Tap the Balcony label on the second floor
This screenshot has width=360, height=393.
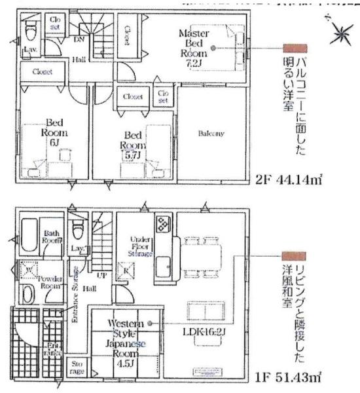[211, 134]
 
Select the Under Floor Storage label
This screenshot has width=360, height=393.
[141, 246]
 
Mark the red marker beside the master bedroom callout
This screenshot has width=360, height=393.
[294, 48]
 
